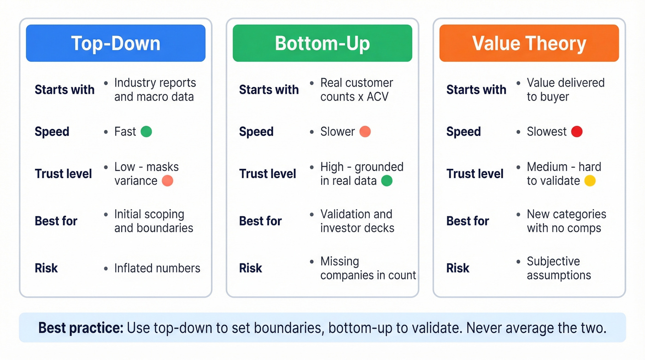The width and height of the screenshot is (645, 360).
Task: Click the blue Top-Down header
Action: [116, 43]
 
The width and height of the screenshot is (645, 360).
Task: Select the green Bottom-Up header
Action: [322, 43]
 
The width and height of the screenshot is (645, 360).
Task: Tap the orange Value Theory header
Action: [529, 43]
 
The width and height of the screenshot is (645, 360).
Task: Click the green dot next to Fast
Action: [146, 132]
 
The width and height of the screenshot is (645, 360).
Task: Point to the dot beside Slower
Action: [365, 132]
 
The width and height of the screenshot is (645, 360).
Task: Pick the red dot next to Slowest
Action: [577, 132]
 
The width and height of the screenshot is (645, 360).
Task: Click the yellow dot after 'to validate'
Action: [590, 181]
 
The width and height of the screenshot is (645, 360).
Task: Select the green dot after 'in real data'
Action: [387, 181]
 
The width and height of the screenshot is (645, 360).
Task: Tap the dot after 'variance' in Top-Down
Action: [168, 181]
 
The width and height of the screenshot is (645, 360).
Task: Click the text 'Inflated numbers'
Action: [157, 268]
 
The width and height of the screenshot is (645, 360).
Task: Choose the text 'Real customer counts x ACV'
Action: [357, 90]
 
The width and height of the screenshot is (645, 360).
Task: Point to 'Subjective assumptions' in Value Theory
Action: [558, 268]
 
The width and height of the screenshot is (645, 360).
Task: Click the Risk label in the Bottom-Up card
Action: [251, 268]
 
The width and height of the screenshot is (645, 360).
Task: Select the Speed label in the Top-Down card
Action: [52, 132]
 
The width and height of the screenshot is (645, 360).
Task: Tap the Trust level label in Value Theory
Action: [475, 174]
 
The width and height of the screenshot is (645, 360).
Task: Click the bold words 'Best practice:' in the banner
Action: [81, 328]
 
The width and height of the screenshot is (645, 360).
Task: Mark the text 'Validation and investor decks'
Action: [357, 221]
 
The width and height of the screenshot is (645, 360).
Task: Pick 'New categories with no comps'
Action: [566, 221]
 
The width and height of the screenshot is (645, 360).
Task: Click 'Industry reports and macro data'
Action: [155, 90]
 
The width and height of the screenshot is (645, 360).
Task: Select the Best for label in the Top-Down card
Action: [56, 221]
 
